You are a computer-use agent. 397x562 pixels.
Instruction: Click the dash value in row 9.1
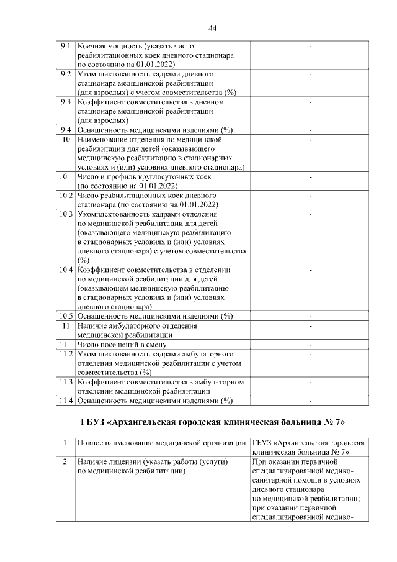click(x=310, y=47)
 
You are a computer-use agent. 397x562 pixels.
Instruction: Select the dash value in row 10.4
click(x=310, y=270)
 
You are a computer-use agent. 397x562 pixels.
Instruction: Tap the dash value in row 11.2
click(x=310, y=353)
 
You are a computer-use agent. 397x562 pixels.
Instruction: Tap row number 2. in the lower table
click(x=65, y=462)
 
